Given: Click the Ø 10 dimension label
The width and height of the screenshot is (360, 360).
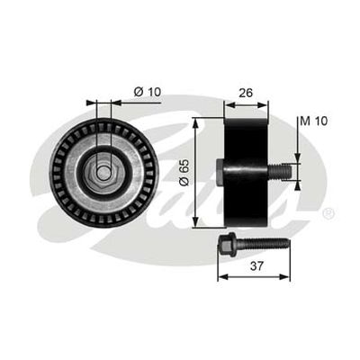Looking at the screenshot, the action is tap(148, 92).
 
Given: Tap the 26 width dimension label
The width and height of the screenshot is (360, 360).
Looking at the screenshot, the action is tap(246, 93).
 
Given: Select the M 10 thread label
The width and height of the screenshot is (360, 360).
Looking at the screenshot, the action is tap(314, 121).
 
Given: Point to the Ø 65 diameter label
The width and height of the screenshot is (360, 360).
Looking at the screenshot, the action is tap(184, 172).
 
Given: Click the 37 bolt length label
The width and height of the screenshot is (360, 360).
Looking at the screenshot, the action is tap(256, 265).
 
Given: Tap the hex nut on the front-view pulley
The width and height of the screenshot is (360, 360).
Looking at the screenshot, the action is tap(103, 173).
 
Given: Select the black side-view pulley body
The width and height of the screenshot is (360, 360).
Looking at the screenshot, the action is tap(246, 173).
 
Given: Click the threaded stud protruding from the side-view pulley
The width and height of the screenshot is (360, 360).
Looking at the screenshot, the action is tap(280, 172).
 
